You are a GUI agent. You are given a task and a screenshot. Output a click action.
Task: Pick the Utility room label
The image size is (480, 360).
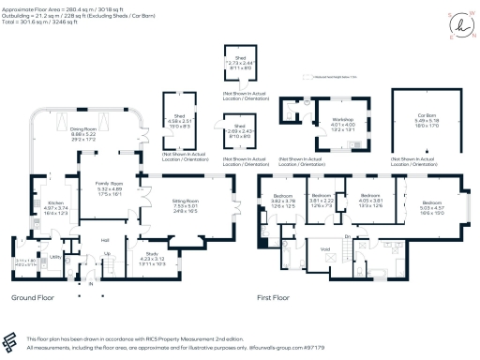[x=55, y=256]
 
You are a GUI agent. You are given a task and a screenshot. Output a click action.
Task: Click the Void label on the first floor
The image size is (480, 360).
[x=326, y=248]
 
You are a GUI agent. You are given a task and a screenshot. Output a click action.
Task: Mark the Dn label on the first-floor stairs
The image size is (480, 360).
[x=348, y=238]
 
